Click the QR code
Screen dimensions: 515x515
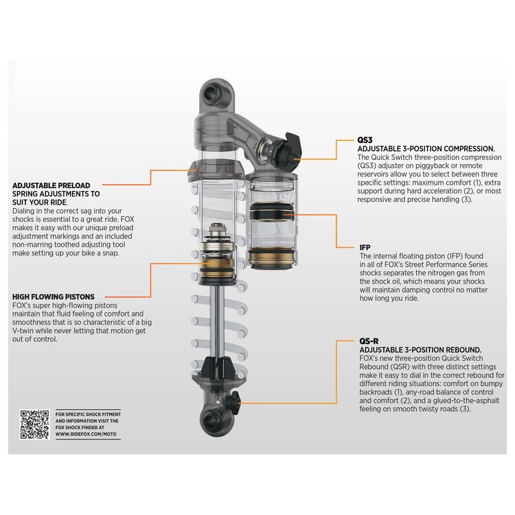pyautogui.click(x=34, y=424)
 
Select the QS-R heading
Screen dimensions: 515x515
pyautogui.click(x=369, y=341)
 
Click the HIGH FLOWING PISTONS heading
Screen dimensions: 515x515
pyautogui.click(x=53, y=297)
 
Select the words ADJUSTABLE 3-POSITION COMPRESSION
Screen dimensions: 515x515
pyautogui.click(x=426, y=148)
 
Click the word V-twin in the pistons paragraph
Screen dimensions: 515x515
pyautogui.click(x=26, y=330)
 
